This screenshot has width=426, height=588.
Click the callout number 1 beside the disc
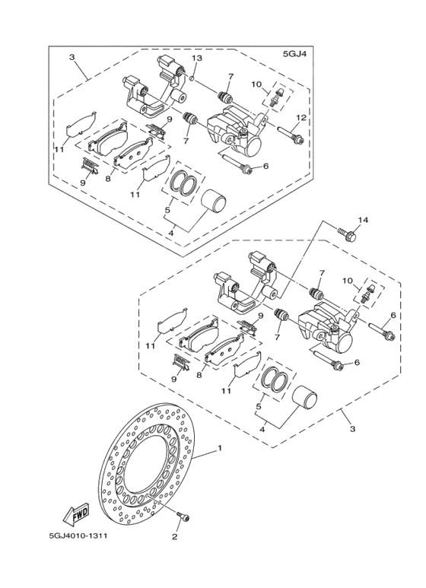click(220, 449)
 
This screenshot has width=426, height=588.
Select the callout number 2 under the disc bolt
click(174, 537)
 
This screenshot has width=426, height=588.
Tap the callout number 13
click(196, 59)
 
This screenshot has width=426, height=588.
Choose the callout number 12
click(301, 117)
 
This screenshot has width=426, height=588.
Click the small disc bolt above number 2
click(183, 517)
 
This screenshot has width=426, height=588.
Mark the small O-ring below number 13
click(193, 77)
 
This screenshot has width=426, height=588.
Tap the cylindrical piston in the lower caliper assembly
click(307, 402)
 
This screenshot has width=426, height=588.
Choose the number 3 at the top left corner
click(71, 57)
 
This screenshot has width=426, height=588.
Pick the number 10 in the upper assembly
click(257, 84)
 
